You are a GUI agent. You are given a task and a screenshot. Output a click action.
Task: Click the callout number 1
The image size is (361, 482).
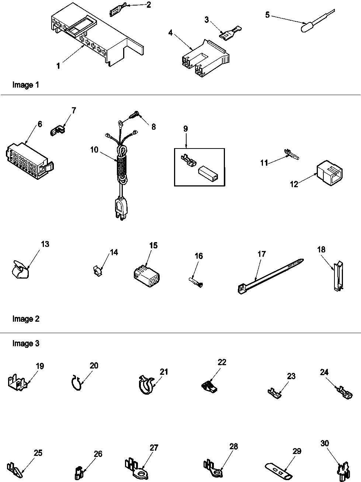tap(58, 66)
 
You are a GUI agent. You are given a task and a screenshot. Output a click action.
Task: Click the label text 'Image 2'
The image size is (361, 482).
tap(26, 319)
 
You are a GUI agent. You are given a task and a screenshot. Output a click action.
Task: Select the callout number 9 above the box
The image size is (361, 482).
tap(185, 129)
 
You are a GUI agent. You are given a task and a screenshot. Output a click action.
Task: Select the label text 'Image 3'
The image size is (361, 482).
tap(26, 343)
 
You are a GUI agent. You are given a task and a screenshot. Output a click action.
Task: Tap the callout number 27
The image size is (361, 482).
tap(154, 448)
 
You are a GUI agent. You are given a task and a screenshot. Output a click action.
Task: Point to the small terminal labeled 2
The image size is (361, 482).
tap(117, 11)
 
